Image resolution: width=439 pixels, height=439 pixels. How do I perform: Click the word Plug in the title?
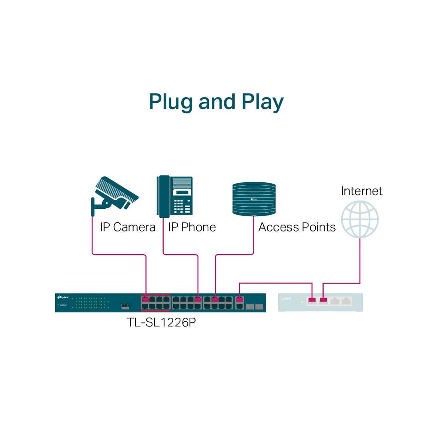(x=171, y=102)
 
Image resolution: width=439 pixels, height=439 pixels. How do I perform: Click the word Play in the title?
(x=262, y=102)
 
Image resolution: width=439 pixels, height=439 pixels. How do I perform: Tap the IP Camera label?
(x=128, y=227)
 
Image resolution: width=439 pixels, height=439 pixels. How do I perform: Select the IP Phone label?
(x=192, y=227)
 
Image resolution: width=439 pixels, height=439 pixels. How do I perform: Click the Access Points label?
(x=297, y=227)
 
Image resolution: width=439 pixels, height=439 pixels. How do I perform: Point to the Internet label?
(x=362, y=191)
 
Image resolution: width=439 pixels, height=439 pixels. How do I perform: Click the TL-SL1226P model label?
(x=161, y=322)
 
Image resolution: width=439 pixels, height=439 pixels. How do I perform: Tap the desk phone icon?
(x=175, y=197)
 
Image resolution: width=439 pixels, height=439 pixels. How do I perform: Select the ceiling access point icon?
(x=254, y=199)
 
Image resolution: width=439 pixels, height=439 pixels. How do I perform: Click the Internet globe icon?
(x=360, y=219)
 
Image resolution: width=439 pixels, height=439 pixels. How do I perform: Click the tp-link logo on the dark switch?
(x=63, y=297)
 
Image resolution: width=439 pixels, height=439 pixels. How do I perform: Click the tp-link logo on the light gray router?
(x=286, y=299)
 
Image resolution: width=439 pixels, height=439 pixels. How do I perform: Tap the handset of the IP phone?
(x=164, y=197)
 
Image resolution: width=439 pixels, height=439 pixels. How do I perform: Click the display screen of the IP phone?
(x=182, y=192)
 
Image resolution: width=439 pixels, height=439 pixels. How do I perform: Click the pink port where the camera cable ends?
(x=146, y=299)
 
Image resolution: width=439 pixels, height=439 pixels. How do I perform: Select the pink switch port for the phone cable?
(x=198, y=299)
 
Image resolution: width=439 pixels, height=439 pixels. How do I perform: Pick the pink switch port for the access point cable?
(x=215, y=299)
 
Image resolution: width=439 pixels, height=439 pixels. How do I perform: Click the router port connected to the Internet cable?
(x=323, y=300)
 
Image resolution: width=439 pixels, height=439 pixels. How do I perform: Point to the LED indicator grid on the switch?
(x=91, y=303)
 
